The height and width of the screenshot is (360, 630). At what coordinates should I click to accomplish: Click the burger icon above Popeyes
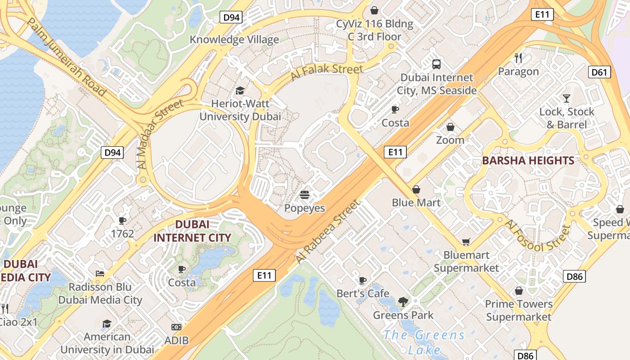pos(305,195)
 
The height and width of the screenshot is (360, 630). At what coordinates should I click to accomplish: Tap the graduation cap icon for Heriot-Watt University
pos(240,90)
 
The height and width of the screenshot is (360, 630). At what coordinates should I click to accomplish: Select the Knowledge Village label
pos(234,40)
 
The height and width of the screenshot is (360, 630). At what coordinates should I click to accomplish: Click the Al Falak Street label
pos(326,72)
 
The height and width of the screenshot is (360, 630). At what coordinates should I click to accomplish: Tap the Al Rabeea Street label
pos(328,232)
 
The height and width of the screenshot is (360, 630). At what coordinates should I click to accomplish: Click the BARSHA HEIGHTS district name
pos(528,161)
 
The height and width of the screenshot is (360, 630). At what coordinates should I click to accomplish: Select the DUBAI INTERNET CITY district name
pos(192,231)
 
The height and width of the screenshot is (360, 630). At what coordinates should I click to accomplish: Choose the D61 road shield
pos(599,72)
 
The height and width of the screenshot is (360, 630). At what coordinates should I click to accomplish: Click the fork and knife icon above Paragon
pos(518,58)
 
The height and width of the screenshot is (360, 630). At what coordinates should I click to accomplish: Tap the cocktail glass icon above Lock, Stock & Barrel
pos(567,98)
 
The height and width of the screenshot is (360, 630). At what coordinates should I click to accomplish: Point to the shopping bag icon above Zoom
pos(450,127)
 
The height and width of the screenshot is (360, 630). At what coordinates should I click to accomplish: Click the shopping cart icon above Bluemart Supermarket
pos(466,242)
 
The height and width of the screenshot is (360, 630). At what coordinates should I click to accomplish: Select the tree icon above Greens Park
pos(403,302)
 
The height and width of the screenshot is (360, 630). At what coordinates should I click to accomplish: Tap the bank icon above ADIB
pos(176,327)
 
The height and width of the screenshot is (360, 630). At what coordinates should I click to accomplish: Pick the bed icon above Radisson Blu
pos(100,274)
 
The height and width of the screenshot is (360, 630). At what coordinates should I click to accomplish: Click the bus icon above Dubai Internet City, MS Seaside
pos(436,64)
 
